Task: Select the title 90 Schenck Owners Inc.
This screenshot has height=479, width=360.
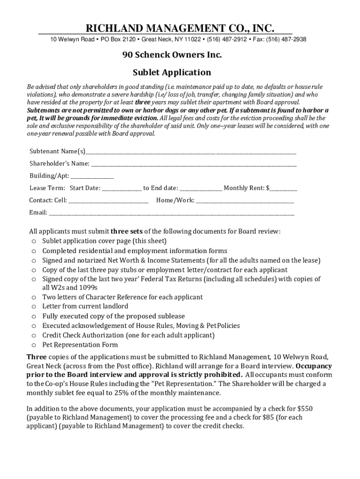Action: (172, 55)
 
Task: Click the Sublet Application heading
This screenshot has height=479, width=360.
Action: (172, 73)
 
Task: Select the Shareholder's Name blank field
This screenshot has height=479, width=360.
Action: (194, 164)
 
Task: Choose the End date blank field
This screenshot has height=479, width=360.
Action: (201, 189)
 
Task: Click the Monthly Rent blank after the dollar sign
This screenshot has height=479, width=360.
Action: (283, 189)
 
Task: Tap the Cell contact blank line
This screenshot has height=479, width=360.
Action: (108, 201)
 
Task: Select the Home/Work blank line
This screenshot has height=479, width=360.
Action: (245, 201)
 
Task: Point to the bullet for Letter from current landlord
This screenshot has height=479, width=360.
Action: (34, 307)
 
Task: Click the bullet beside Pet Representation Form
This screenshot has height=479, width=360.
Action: (34, 345)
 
